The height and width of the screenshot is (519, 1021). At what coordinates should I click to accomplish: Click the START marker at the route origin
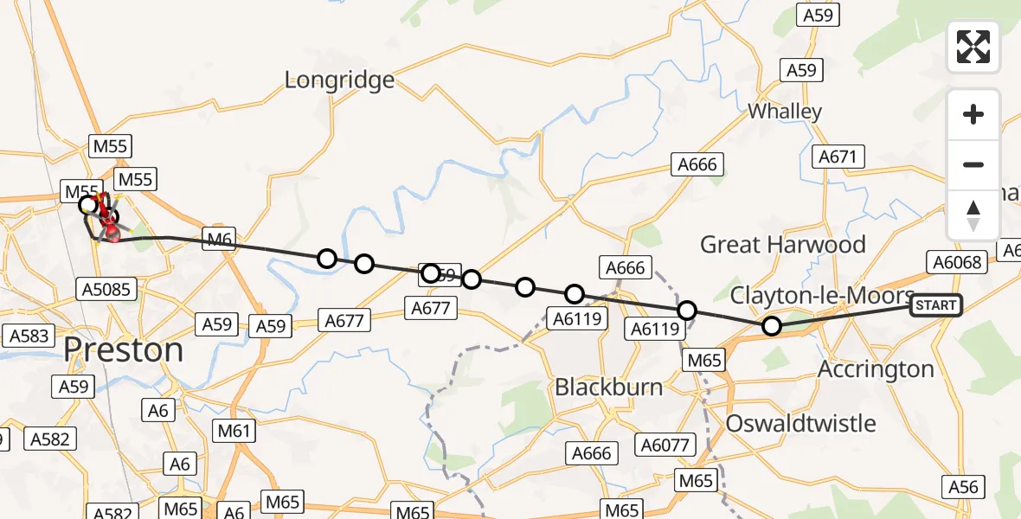tap(935, 305)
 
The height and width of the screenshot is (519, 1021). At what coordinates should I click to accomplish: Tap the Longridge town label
tap(339, 80)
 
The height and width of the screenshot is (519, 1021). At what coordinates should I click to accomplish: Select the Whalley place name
tap(784, 112)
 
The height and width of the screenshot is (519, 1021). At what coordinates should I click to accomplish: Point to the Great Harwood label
tap(782, 245)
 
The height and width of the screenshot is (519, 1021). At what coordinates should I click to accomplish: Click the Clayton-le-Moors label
tap(821, 296)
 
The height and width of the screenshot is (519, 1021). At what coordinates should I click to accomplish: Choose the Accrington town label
tap(877, 369)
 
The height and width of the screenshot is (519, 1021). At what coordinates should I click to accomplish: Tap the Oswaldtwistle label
tap(800, 424)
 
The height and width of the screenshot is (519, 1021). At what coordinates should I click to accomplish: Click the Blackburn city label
tap(608, 387)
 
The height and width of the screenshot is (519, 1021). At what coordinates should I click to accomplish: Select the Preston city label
tap(124, 350)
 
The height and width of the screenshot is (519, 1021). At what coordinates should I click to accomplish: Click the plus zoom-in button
tap(973, 114)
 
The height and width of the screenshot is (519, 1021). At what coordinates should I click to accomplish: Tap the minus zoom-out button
tap(973, 164)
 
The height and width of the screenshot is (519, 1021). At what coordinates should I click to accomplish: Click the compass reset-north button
tap(973, 215)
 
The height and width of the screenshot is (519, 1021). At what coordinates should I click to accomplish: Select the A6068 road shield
tap(954, 261)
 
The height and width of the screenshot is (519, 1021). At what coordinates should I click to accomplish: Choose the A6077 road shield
tap(665, 445)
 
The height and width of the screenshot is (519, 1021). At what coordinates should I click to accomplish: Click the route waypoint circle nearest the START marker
tap(771, 326)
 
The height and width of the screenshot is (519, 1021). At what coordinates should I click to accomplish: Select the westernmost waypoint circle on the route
tap(87, 205)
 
